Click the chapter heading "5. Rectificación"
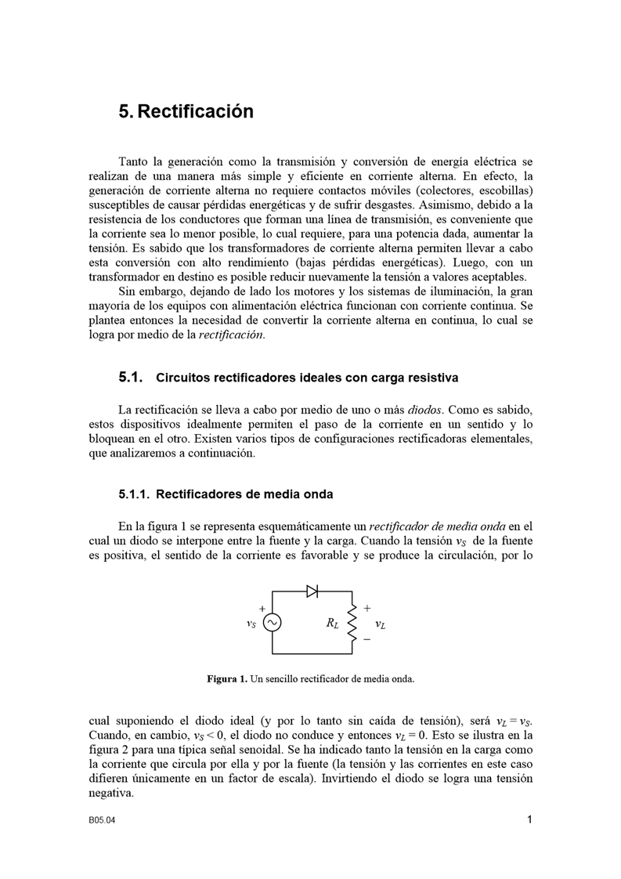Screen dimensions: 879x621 pos(186,111)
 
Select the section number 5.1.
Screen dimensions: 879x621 pos(130,378)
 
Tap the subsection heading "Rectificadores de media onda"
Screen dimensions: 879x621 pos(244,494)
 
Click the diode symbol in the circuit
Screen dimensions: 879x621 pos(312,591)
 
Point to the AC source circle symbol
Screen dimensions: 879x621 pos(273,622)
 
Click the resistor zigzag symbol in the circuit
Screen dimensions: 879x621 pos(352,622)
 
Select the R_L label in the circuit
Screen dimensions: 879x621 pos(333,624)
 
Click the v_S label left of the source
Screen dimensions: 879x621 pos(251,624)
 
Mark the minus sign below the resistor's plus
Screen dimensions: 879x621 pos(366,638)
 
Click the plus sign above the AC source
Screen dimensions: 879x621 pos(262,608)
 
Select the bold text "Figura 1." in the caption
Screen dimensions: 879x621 pos(227,678)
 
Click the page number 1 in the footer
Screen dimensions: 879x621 pos(530,820)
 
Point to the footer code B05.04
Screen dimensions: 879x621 pos(102,821)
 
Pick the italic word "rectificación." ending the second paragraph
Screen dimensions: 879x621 pos(232,335)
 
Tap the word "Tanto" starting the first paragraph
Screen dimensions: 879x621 pos(133,161)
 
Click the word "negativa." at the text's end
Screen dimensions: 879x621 pos(112,793)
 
